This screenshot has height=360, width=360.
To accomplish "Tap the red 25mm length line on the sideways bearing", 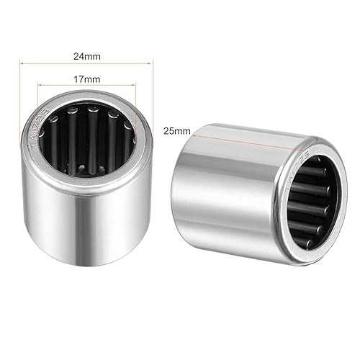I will point(245,138).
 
